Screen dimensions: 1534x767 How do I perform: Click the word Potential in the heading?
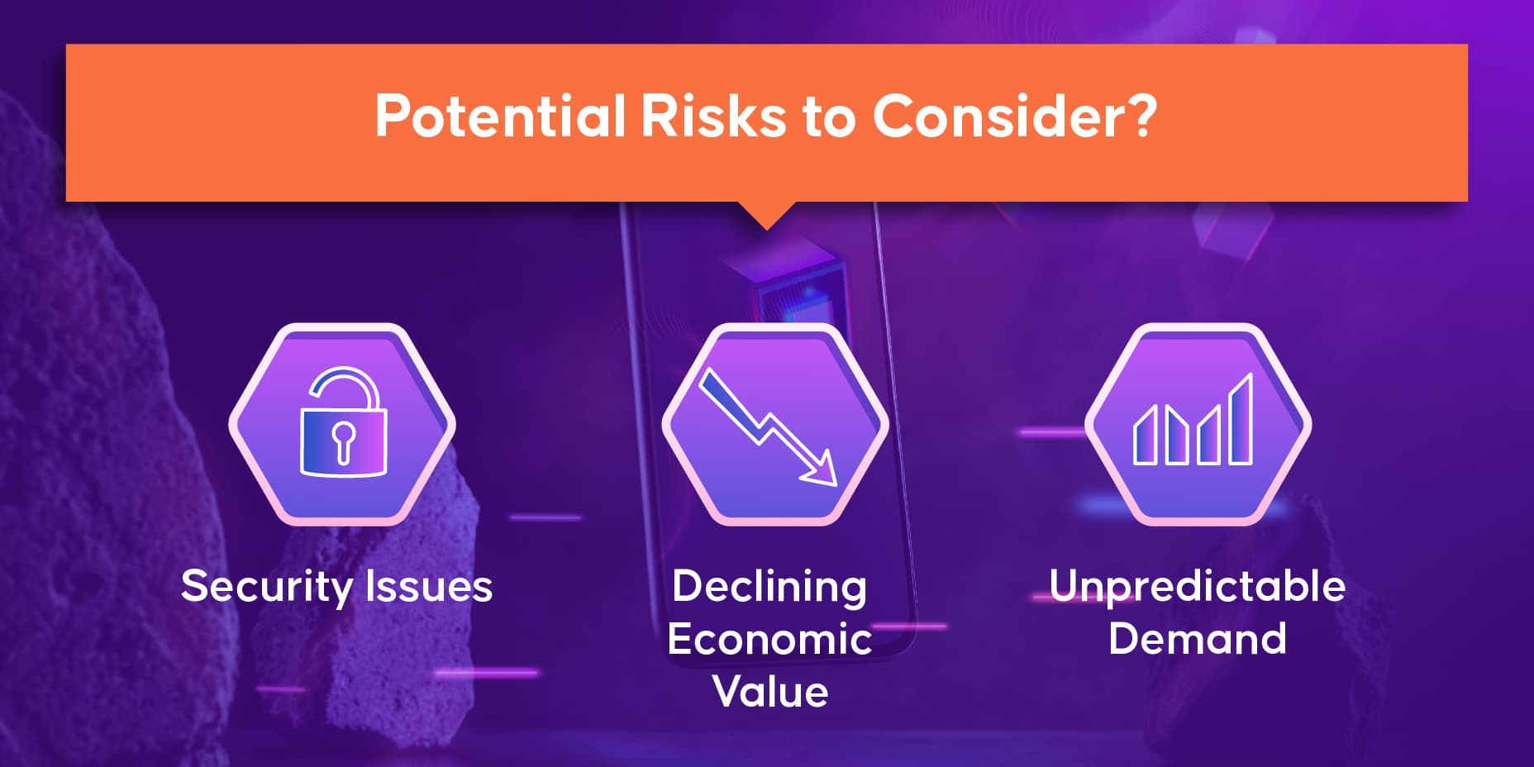(x=500, y=116)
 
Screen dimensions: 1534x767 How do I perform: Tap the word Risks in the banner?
(x=712, y=116)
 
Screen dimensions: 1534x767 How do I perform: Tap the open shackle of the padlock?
(x=345, y=388)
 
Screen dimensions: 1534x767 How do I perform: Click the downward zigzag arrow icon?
(x=768, y=426)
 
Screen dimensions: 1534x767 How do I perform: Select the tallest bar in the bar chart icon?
(x=1241, y=419)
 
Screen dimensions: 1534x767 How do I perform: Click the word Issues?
(x=429, y=586)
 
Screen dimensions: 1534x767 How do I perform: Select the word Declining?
(x=769, y=588)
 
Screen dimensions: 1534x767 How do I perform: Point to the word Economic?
(x=769, y=639)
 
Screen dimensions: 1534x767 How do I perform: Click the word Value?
(x=770, y=691)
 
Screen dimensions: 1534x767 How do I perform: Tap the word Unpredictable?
(x=1198, y=587)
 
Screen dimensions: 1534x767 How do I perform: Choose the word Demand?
(x=1198, y=639)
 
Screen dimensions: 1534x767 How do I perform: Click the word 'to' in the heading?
(x=829, y=117)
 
